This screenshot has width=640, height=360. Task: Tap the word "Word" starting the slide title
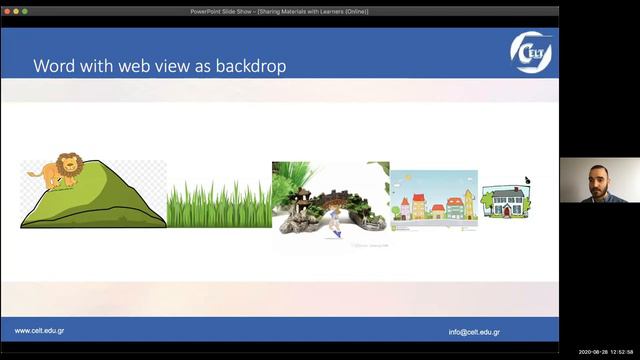[52, 66]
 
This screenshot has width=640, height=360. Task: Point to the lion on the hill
[54, 171]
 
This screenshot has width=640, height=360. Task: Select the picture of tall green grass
[219, 204]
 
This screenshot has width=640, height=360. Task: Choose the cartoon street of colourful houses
[433, 200]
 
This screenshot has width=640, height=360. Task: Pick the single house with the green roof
[505, 202]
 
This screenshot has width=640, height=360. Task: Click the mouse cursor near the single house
[527, 180]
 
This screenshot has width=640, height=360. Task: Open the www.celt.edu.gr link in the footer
[40, 331]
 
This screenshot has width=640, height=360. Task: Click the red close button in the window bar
[6, 11]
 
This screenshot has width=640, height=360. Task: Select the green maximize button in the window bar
[25, 11]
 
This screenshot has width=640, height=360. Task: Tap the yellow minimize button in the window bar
[15, 11]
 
